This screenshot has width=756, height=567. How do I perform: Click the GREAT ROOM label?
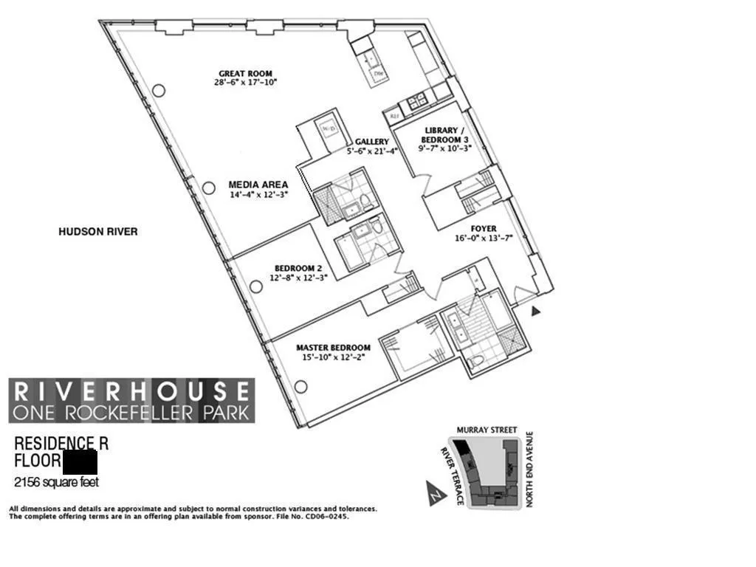click(245, 73)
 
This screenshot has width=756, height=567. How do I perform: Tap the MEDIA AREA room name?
click(258, 185)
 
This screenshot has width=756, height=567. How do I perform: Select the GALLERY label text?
click(371, 142)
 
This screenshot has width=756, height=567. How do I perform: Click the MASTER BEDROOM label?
click(333, 347)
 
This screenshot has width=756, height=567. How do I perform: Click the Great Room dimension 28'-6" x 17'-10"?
click(245, 83)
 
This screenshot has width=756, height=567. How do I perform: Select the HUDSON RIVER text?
click(97, 232)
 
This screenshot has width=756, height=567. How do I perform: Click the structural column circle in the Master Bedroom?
click(300, 386)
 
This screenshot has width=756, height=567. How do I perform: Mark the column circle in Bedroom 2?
click(255, 286)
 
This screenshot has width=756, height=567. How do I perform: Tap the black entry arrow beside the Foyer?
click(536, 312)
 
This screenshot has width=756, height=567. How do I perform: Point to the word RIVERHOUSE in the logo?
click(132, 391)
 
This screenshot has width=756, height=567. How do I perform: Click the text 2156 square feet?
click(56, 483)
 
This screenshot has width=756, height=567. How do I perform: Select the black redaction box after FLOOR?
click(80, 463)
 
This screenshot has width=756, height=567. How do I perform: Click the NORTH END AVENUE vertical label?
click(529, 470)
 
